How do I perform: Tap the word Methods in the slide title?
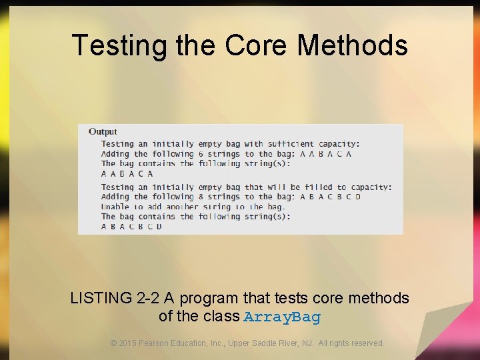(x=352, y=45)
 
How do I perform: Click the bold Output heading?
(x=103, y=132)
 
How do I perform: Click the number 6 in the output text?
(x=200, y=153)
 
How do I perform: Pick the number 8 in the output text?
(x=200, y=197)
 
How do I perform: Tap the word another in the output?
(x=182, y=207)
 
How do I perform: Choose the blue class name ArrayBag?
(x=282, y=317)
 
